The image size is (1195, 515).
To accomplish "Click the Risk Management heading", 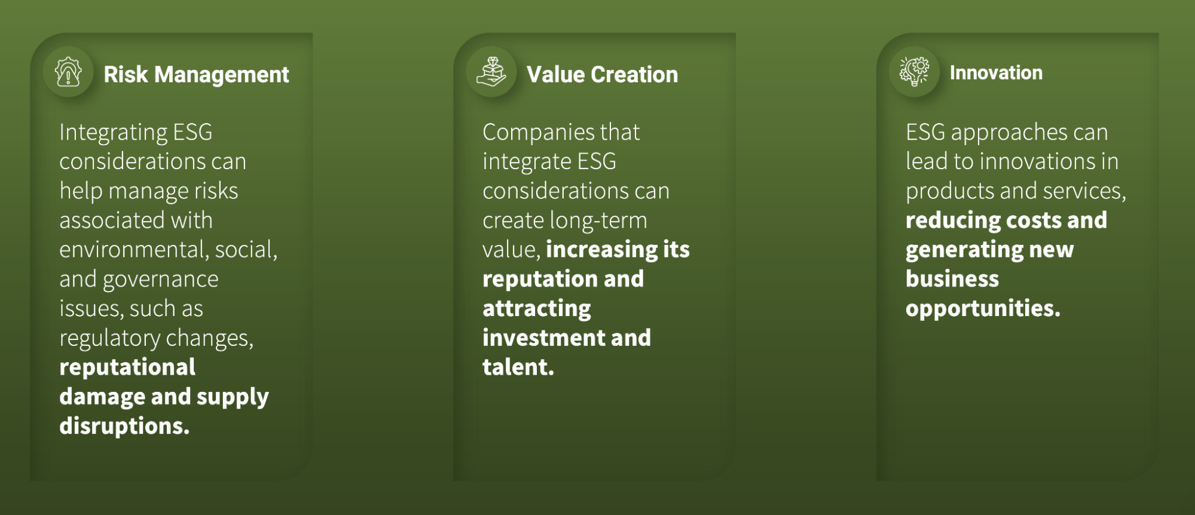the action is click(196, 75).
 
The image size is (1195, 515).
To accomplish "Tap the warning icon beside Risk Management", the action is click(68, 72).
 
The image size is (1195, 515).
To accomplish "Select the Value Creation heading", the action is click(602, 75).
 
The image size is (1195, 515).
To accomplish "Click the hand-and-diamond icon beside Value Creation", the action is click(491, 72).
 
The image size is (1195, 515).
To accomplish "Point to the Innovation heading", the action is click(996, 73).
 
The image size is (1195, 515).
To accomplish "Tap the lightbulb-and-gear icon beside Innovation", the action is click(915, 72).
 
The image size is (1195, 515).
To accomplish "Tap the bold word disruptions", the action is click(124, 426).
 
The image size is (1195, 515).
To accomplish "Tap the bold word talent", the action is click(518, 367).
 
